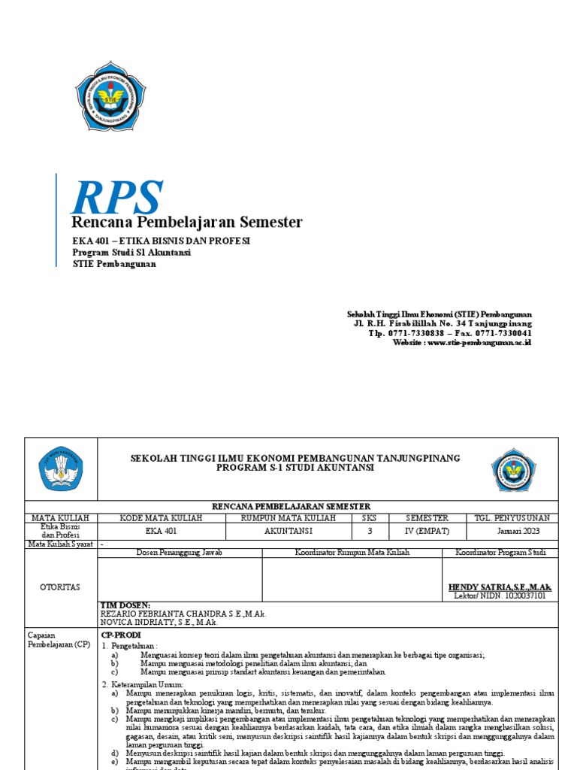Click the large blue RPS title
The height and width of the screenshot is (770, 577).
116,196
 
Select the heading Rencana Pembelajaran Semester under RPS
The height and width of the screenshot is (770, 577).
186,222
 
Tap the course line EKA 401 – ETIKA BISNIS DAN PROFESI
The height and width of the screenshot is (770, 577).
161,241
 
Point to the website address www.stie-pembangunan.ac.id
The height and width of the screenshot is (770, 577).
462,342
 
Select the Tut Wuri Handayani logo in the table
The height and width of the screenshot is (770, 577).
61,469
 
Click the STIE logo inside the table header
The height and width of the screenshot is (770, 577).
514,469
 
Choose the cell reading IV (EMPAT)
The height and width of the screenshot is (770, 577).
427,531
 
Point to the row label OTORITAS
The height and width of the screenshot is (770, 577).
61,587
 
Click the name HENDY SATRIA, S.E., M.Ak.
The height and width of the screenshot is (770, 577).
500,587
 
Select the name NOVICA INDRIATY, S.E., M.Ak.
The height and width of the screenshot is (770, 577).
159,623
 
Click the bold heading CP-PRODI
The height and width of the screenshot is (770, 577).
121,635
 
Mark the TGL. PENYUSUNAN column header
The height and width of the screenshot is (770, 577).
512,518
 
